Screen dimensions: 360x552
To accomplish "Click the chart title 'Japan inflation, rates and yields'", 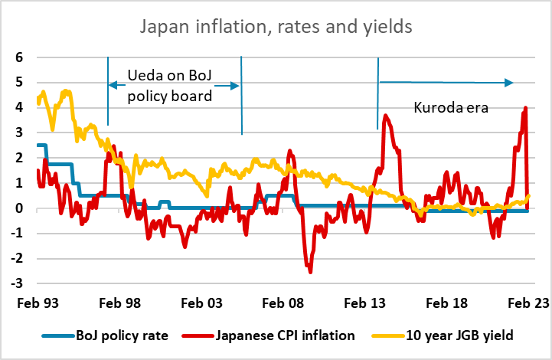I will point(276,27).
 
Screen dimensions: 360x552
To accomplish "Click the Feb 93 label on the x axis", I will point(37,303).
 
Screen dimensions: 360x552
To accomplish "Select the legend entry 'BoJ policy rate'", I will point(119,334).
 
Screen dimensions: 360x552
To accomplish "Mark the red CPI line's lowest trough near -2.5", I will point(310,271).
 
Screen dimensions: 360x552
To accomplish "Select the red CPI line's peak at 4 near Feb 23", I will point(525,108).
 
